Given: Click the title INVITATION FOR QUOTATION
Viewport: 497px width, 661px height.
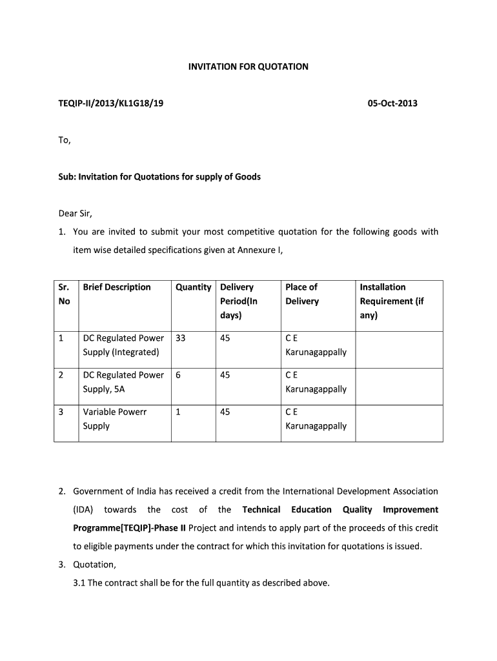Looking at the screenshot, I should [248, 66].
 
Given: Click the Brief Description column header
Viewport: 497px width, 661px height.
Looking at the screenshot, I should [117, 287].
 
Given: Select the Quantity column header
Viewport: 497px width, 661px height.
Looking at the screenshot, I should [193, 287].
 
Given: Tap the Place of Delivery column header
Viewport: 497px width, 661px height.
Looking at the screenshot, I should [302, 294].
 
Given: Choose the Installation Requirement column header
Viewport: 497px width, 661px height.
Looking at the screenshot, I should [391, 301].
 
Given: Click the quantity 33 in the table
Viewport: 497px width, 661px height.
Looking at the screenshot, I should [181, 338].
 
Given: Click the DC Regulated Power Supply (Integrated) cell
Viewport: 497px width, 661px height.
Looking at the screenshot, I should [123, 345].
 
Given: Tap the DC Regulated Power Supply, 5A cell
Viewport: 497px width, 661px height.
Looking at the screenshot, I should [123, 381].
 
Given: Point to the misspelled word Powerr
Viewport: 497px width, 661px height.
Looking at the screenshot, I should [132, 411].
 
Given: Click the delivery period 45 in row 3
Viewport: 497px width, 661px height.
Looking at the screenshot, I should [225, 411].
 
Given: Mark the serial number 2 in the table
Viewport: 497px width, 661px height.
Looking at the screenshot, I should [61, 374].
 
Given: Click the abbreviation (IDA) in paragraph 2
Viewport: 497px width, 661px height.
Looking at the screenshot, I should [83, 509].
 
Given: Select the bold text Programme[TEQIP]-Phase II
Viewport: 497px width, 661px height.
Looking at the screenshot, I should [129, 528].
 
